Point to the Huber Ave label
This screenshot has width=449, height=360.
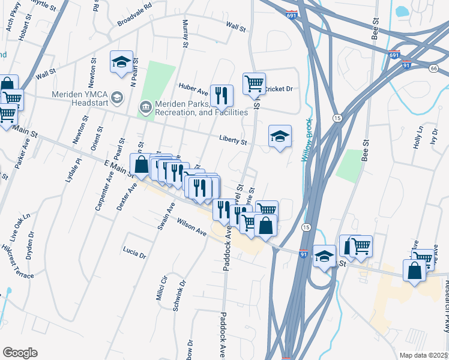tap(193, 89)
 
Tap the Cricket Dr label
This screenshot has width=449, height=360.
tap(280, 89)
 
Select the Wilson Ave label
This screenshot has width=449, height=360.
tap(191, 227)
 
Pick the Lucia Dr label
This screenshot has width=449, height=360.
tap(134, 251)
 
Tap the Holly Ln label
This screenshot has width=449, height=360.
tap(419, 137)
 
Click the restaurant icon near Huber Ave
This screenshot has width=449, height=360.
tap(221, 94)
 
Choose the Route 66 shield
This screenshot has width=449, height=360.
tap(433, 69)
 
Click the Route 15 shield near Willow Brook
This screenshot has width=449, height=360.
tap(337, 118)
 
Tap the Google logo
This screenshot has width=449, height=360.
tap(20, 353)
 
